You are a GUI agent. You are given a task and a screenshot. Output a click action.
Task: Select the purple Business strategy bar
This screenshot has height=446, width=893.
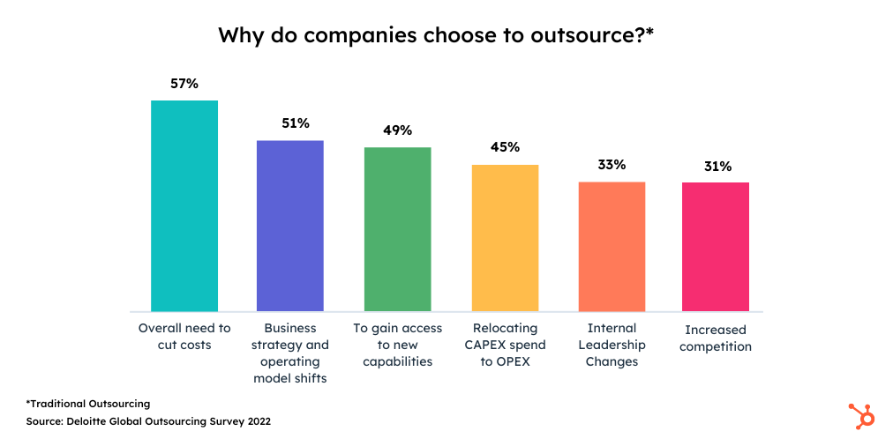pos(290,226)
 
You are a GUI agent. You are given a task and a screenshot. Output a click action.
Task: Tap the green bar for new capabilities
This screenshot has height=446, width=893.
pos(398,229)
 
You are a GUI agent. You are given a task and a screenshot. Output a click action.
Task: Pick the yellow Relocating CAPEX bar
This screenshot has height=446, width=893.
pos(505,238)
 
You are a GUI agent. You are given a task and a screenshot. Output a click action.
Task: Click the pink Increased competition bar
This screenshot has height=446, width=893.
pos(716,247)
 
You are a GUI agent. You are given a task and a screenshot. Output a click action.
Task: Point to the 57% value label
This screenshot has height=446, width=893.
pos(184,84)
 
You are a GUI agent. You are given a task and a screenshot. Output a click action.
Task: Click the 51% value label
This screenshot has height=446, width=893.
pos(296,123)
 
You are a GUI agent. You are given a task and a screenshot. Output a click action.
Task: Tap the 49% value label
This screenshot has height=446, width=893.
pos(398,130)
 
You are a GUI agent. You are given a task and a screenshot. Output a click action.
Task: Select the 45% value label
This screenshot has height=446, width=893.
pos(505,147)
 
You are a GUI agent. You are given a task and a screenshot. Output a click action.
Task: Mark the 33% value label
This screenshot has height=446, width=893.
pos(612,165)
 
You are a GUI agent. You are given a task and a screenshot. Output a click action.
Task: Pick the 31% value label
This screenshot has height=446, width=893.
pos(717,166)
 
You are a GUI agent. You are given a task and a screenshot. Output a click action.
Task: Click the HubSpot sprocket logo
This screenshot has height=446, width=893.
pos(860,415)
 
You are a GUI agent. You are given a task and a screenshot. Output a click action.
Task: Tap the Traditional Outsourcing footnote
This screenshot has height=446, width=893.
pos(88,404)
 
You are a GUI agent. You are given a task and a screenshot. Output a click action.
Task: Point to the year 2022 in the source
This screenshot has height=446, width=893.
pos(256,421)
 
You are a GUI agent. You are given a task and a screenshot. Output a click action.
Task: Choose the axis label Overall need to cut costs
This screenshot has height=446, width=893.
pos(184,336)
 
